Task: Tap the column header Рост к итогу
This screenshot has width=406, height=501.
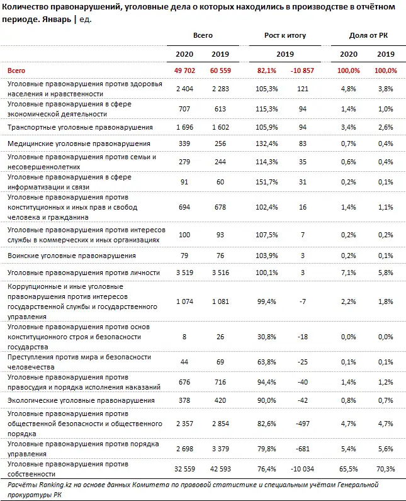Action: tap(285, 35)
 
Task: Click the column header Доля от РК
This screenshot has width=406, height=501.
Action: tap(367, 35)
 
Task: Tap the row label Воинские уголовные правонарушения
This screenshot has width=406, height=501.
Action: tap(71, 256)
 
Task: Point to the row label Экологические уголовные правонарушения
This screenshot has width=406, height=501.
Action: tap(81, 400)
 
